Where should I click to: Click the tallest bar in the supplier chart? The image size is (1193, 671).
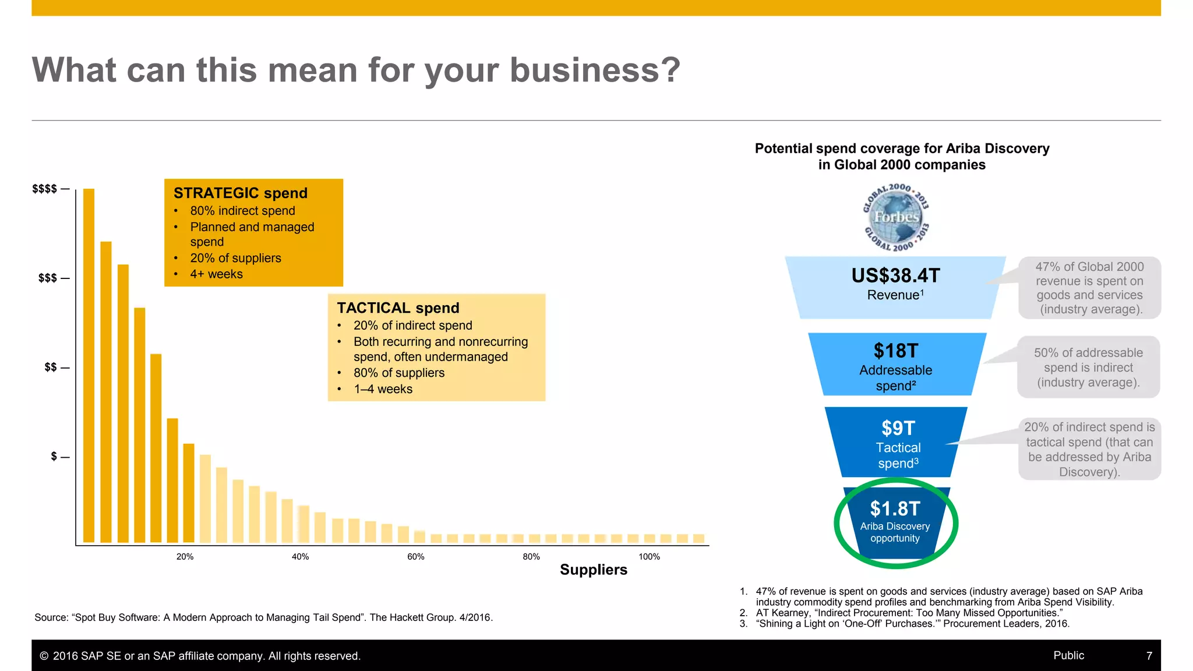pos(89,365)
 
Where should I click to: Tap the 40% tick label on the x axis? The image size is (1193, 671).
pos(300,557)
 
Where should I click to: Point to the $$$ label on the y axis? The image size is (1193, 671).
pos(48,278)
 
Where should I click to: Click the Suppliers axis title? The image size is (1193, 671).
pos(593,570)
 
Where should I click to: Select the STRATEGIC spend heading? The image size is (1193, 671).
pos(240,193)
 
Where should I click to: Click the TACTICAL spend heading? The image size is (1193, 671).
pos(398,308)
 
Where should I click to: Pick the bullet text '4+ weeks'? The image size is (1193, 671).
pos(216,274)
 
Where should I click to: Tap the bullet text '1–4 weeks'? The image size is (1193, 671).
pos(383,389)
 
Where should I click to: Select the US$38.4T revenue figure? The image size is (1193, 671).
pos(895,276)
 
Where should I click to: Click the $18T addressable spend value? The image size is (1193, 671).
pos(895,351)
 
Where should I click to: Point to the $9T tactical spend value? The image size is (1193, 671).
pos(898,428)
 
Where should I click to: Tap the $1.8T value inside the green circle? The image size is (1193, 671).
pos(895,508)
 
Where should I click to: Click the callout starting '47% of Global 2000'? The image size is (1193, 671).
pos(1089,288)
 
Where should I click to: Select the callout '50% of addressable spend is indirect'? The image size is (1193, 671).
pos(1088,368)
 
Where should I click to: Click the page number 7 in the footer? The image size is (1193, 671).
pos(1149,656)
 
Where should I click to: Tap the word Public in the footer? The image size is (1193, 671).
pos(1068,655)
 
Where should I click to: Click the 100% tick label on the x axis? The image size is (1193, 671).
pos(649,557)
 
